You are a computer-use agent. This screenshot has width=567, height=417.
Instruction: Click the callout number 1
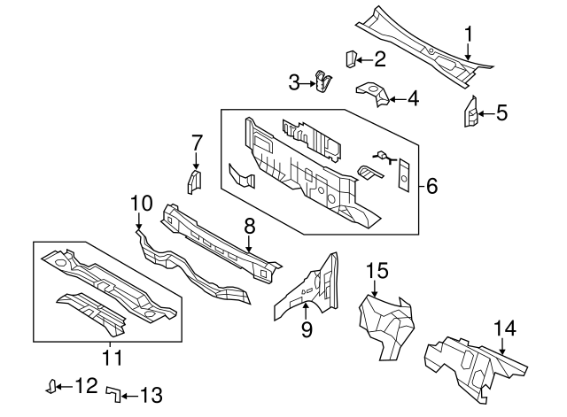pos(469,35)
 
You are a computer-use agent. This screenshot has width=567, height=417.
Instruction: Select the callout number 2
pos(379,59)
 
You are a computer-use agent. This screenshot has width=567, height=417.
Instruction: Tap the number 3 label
pos(295,82)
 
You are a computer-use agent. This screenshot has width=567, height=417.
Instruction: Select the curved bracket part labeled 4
pos(373,92)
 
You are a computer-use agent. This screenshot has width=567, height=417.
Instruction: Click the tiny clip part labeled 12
pos(53,385)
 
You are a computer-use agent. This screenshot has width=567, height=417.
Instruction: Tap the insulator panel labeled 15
pos(386,320)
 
